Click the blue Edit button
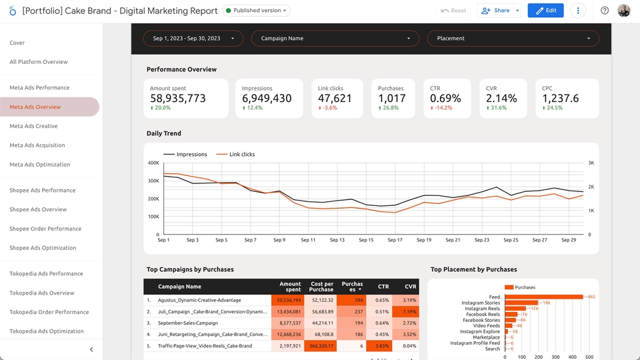(x=545, y=11)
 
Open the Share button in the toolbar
(x=495, y=11)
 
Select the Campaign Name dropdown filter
(x=335, y=39)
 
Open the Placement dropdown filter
(x=513, y=39)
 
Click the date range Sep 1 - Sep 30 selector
(x=193, y=39)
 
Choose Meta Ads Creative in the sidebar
(x=33, y=126)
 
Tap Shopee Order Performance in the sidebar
(x=45, y=229)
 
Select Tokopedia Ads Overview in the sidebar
(x=41, y=293)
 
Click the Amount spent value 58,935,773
(x=178, y=99)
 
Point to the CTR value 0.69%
(x=445, y=99)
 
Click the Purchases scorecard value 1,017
(x=392, y=99)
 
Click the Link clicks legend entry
(x=235, y=154)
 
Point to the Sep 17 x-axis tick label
(x=395, y=240)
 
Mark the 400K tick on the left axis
(x=153, y=163)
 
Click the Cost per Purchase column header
(x=321, y=287)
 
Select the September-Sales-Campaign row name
(x=188, y=323)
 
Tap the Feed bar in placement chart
(x=544, y=297)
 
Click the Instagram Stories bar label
(x=481, y=303)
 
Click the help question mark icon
(x=605, y=11)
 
